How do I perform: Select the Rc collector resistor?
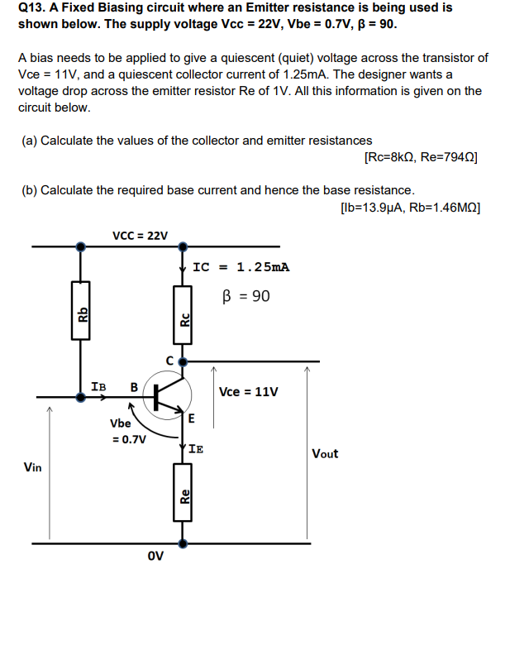coord(183,314)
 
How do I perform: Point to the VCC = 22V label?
coord(139,236)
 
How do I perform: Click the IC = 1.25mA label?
coord(241,267)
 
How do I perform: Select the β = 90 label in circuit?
coord(245,295)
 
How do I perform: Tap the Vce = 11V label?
coord(248,391)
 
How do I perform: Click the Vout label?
coord(324,453)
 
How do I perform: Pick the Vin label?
coord(33,467)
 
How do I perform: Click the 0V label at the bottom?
coord(155,555)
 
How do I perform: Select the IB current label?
coord(98,385)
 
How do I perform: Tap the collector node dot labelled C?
coord(183,361)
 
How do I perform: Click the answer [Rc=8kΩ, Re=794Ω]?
coord(421,157)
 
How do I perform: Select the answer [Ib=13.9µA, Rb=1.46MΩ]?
coord(409,207)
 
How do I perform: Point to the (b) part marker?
coord(30,190)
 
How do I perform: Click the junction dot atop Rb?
coord(80,246)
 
